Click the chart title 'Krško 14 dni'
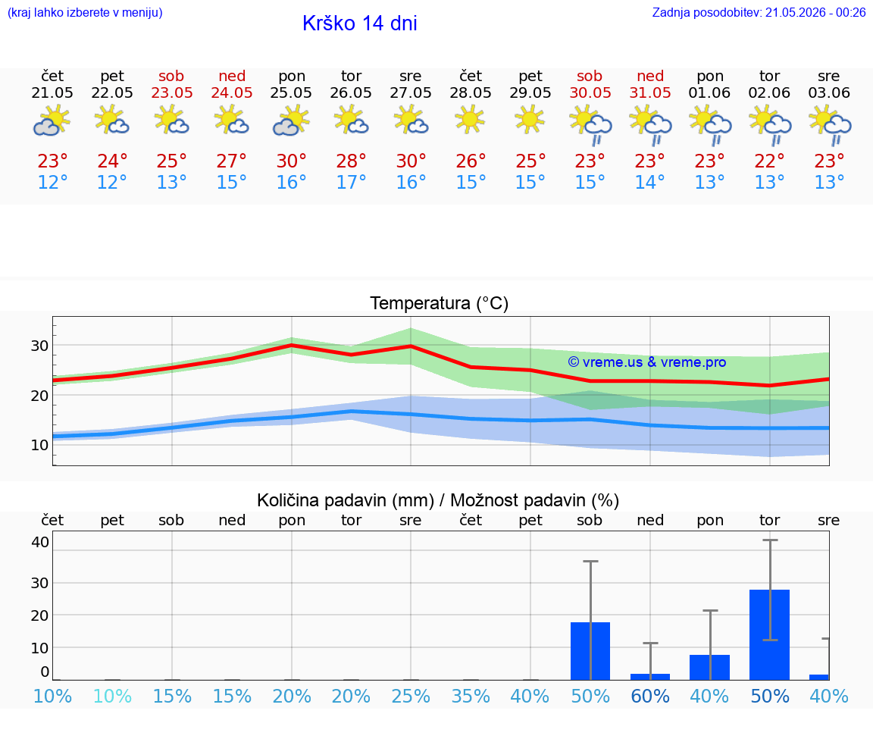pos(360,23)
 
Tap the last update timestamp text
pos(759,12)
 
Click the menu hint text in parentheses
pos(85,12)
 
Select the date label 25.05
pos(291,92)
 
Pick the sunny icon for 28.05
pos(470,120)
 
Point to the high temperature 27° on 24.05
pos(231,161)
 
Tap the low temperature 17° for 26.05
pos(351,182)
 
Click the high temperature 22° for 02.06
pos(769,161)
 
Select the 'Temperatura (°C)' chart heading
pos(440,303)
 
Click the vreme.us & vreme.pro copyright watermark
pos(647,362)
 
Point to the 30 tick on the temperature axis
pos(39,346)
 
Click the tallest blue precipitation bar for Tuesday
pos(769,634)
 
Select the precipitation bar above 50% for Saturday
pos(590,651)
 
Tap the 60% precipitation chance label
pos(649,696)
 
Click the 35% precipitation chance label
pos(471,696)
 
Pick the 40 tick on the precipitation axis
pos(40,542)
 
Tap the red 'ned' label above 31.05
pos(649,76)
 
